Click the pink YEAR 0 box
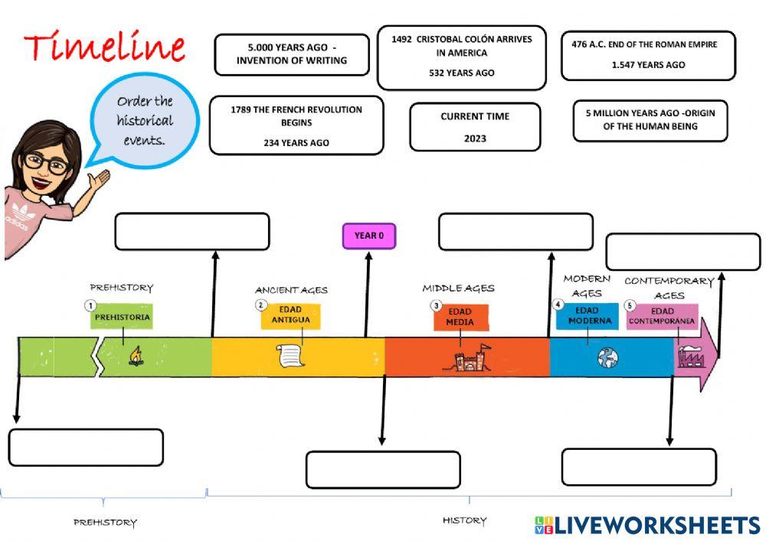[368, 236]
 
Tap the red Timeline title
[105, 47]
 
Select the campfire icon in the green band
[135, 356]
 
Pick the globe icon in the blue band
[609, 357]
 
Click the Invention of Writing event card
[292, 54]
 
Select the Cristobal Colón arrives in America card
[461, 56]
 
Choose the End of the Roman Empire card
[648, 55]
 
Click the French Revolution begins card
[296, 125]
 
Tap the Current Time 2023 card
[475, 127]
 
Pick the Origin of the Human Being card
[650, 120]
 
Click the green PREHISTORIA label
[122, 317]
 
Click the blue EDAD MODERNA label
[590, 315]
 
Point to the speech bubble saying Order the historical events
[145, 120]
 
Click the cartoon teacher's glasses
[45, 162]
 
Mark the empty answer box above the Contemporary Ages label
[683, 252]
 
